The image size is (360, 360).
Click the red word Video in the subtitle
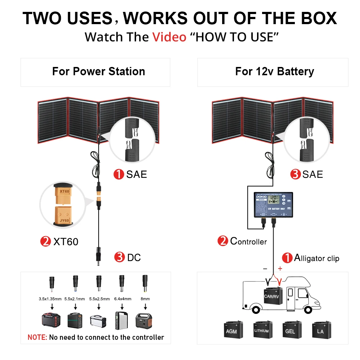point(169,37)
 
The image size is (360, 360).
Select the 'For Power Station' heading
point(98,71)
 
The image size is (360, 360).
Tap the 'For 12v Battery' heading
point(274,71)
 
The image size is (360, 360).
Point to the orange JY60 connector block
point(65,215)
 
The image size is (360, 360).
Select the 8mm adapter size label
point(145,298)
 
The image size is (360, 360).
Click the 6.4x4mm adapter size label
point(122,298)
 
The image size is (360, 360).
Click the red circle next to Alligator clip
point(287,258)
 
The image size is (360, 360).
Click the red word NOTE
point(37,337)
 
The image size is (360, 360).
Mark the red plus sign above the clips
point(280,269)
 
